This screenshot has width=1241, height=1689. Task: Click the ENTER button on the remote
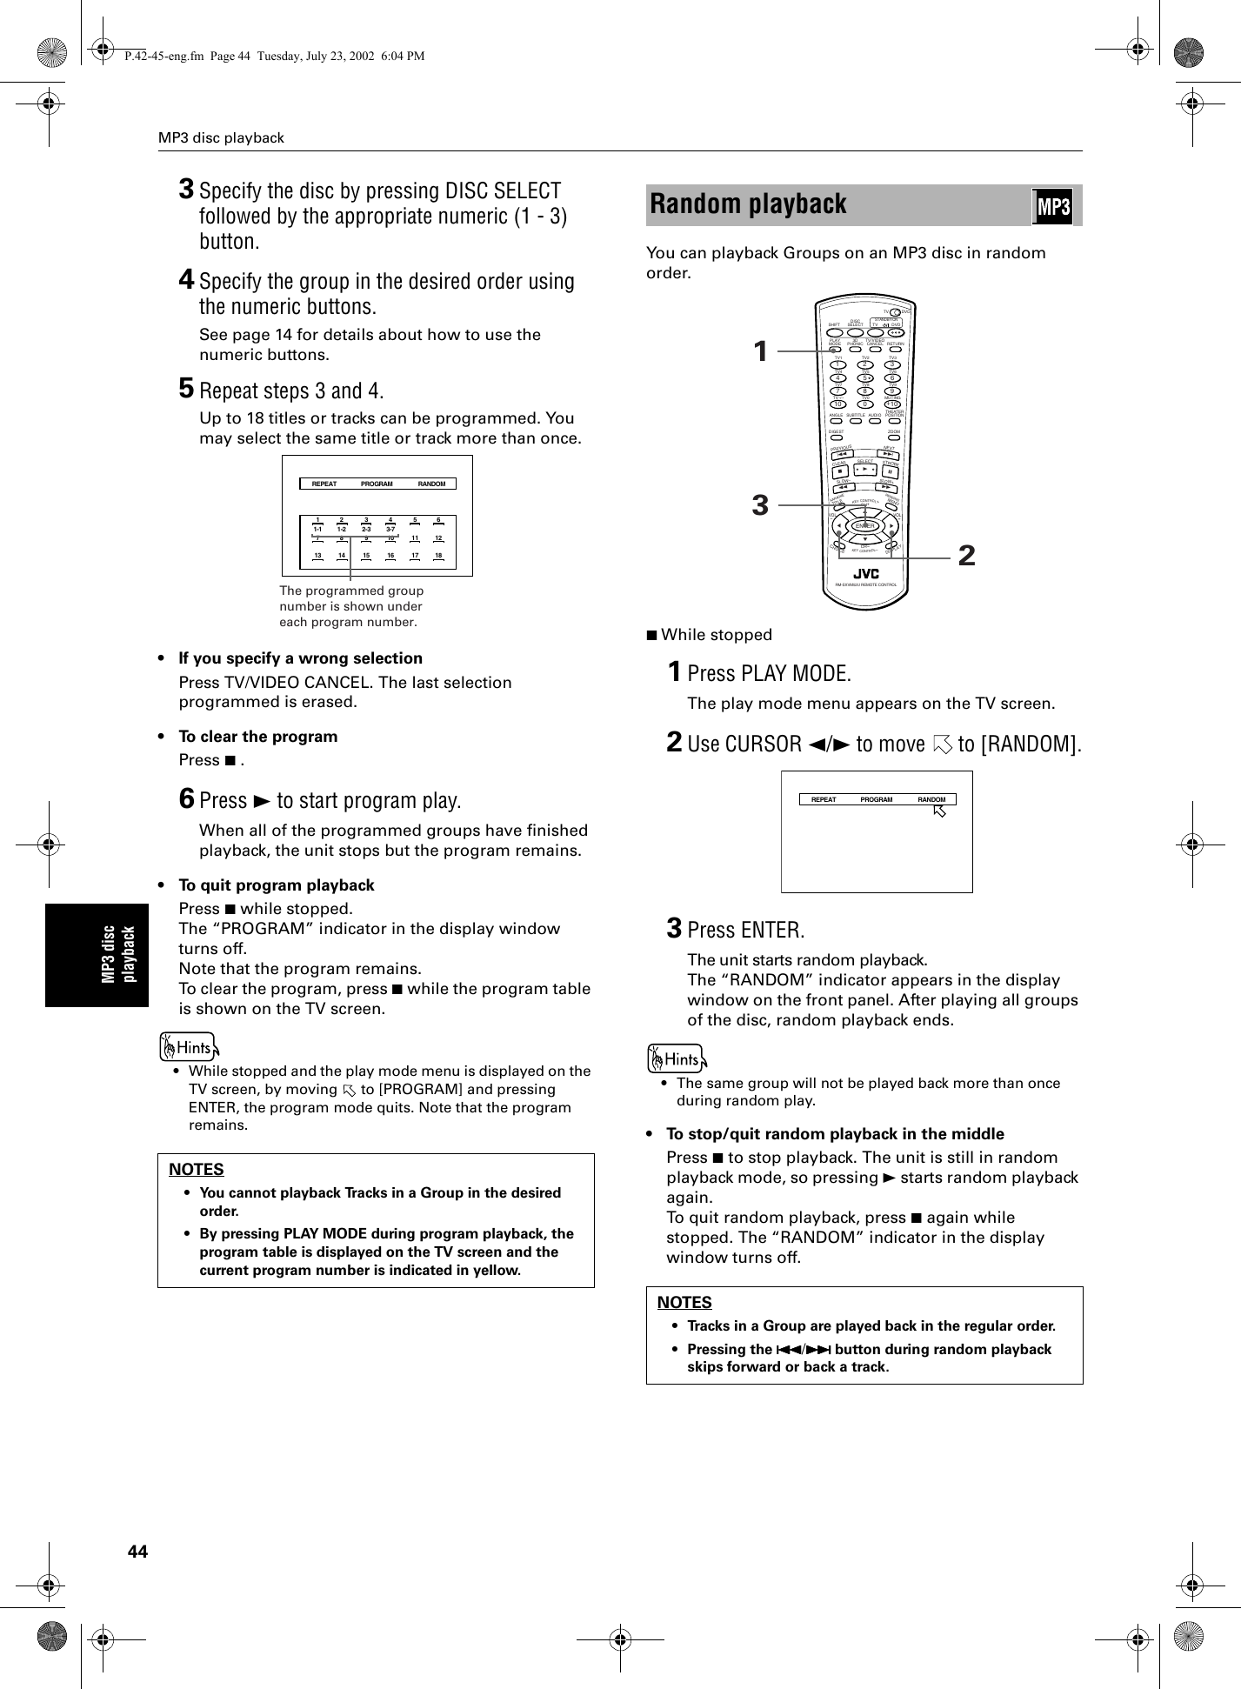click(864, 526)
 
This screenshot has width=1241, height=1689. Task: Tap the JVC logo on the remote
click(865, 574)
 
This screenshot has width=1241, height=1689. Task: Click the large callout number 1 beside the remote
click(760, 351)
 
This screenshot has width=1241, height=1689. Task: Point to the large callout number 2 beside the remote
click(965, 554)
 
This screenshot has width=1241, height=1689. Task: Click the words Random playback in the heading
click(748, 204)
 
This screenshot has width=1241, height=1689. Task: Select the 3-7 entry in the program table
click(390, 529)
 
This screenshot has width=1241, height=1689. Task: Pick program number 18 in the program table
click(439, 554)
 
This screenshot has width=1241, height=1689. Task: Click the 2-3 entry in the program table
click(366, 529)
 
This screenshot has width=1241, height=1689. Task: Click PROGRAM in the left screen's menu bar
click(377, 484)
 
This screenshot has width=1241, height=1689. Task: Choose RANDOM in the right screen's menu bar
click(931, 799)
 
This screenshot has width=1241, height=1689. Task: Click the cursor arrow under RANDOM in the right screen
click(938, 811)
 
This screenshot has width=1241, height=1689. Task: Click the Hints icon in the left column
click(189, 1047)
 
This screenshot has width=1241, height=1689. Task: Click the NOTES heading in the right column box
click(684, 1302)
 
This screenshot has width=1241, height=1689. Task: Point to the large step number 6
click(187, 798)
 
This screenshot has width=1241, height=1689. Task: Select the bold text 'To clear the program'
click(257, 737)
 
